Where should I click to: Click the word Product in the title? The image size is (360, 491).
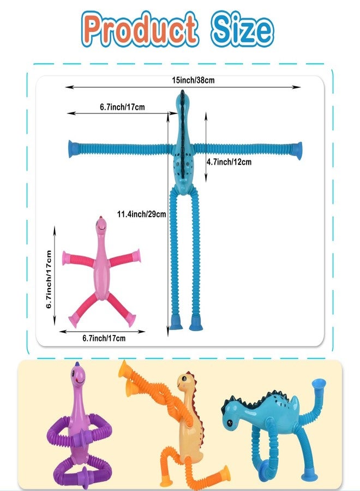tap(140, 28)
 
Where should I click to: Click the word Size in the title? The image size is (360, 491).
tap(241, 29)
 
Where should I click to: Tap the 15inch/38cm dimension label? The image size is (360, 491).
tap(193, 80)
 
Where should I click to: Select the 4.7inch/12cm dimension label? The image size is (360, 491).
tap(229, 162)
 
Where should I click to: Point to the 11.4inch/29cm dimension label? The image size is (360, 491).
tap(141, 214)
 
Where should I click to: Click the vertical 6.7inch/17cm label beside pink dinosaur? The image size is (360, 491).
tap(49, 279)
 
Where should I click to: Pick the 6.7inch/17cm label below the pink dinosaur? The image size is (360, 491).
tap(104, 338)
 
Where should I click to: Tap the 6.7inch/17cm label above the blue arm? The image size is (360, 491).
tap(122, 107)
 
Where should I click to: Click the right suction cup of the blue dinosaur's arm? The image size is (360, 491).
tap(297, 151)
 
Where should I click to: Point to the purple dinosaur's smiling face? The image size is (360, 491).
tap(78, 378)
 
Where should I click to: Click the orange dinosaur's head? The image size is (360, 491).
tap(186, 382)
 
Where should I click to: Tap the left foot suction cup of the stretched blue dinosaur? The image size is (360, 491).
tap(176, 322)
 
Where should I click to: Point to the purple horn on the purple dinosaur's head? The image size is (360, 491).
tap(77, 364)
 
